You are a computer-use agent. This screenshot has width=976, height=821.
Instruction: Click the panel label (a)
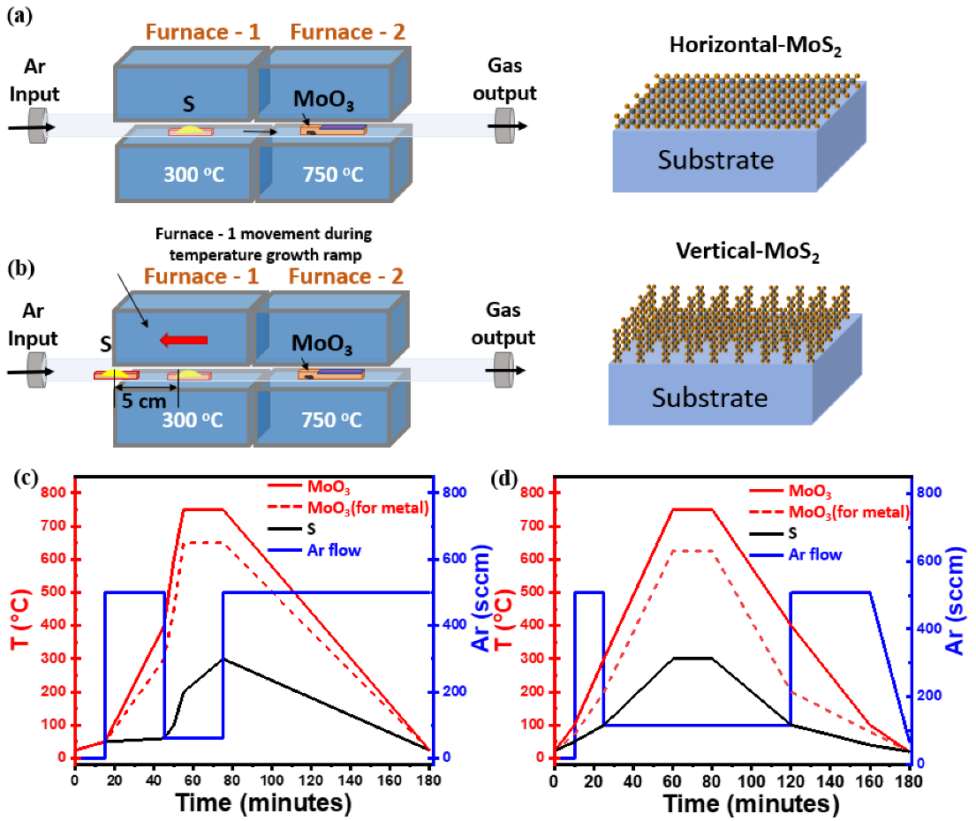(19, 16)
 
